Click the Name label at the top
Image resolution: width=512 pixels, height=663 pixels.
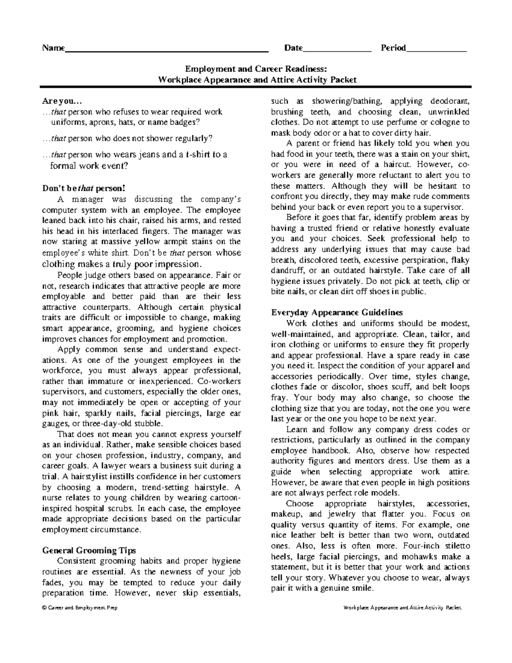point(53,48)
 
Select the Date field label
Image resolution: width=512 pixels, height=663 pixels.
point(293,48)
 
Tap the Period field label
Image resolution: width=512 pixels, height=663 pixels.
point(393,48)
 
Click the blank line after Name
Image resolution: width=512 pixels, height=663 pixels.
point(166,50)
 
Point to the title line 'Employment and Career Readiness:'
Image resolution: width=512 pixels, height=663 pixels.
point(256,69)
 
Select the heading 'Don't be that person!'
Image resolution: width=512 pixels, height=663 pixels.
point(84,188)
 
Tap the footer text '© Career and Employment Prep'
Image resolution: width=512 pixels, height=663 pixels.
point(79,608)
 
